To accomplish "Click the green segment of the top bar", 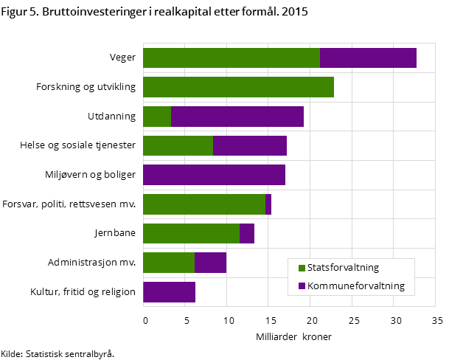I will (231, 58).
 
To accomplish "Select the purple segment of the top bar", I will (368, 58).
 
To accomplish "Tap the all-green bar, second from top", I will (238, 87).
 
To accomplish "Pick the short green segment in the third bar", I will (156, 117).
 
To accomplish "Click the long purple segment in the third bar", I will (237, 117).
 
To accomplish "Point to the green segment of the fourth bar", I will (178, 146).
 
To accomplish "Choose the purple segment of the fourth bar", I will (250, 146).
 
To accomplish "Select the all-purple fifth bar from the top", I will (214, 175).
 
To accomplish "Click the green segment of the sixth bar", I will (203, 204).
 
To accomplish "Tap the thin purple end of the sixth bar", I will (268, 204).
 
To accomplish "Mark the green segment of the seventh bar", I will (191, 234).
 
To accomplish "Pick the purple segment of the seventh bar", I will (247, 234).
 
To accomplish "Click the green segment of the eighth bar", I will (168, 263).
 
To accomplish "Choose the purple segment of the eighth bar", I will (210, 263).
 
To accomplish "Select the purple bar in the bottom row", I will (170, 292).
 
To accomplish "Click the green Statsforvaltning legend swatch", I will (302, 269).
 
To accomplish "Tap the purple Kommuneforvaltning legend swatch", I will (302, 286).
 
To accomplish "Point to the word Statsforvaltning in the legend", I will (343, 269).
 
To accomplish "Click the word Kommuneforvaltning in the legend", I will (356, 286).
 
